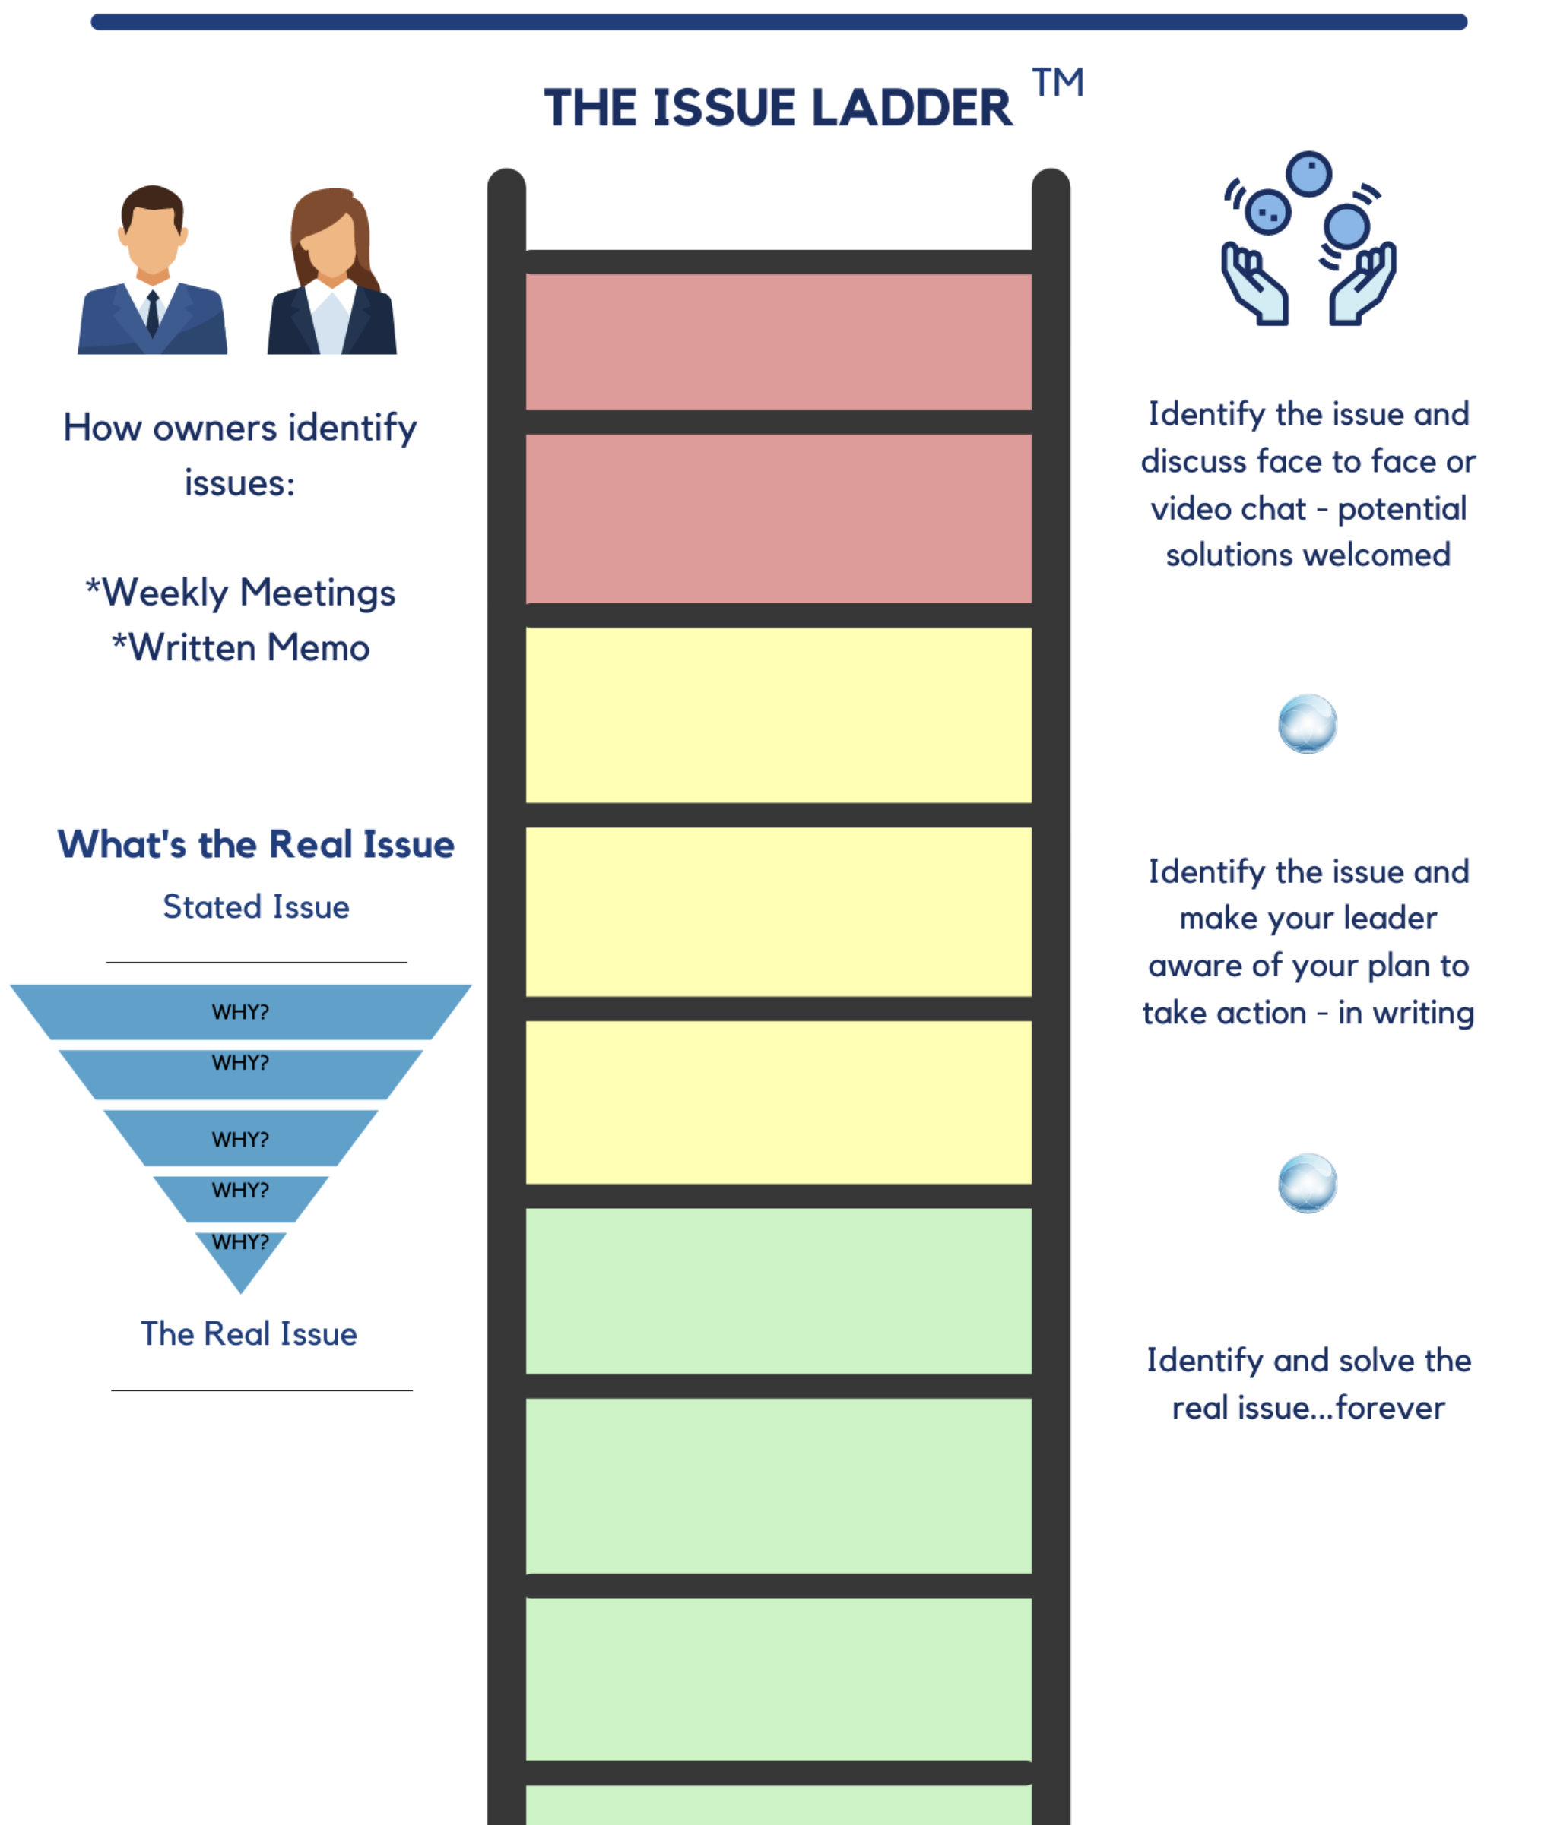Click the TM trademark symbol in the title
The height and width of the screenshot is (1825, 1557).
[x=1057, y=83]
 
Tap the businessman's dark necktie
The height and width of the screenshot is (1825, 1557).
[x=153, y=313]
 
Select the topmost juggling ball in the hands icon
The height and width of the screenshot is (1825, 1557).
[x=1308, y=173]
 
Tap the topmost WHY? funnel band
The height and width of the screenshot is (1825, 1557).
[x=239, y=1012]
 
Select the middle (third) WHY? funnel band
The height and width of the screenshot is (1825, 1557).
[x=239, y=1138]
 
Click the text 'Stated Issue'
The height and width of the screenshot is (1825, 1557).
[x=255, y=907]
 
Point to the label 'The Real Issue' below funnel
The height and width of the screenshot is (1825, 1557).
[x=249, y=1333]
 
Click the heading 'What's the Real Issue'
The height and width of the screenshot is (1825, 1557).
[x=255, y=844]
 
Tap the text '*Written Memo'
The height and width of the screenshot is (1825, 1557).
[x=239, y=647]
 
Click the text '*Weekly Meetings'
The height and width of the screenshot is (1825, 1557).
[x=239, y=592]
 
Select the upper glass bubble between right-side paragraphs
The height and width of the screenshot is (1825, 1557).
[x=1307, y=724]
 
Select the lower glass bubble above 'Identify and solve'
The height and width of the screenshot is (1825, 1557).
[x=1307, y=1183]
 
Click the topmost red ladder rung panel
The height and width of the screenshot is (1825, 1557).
[x=778, y=342]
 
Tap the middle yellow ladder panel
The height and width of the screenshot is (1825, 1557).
[x=778, y=912]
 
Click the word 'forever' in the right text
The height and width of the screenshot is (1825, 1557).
[x=1390, y=1408]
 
